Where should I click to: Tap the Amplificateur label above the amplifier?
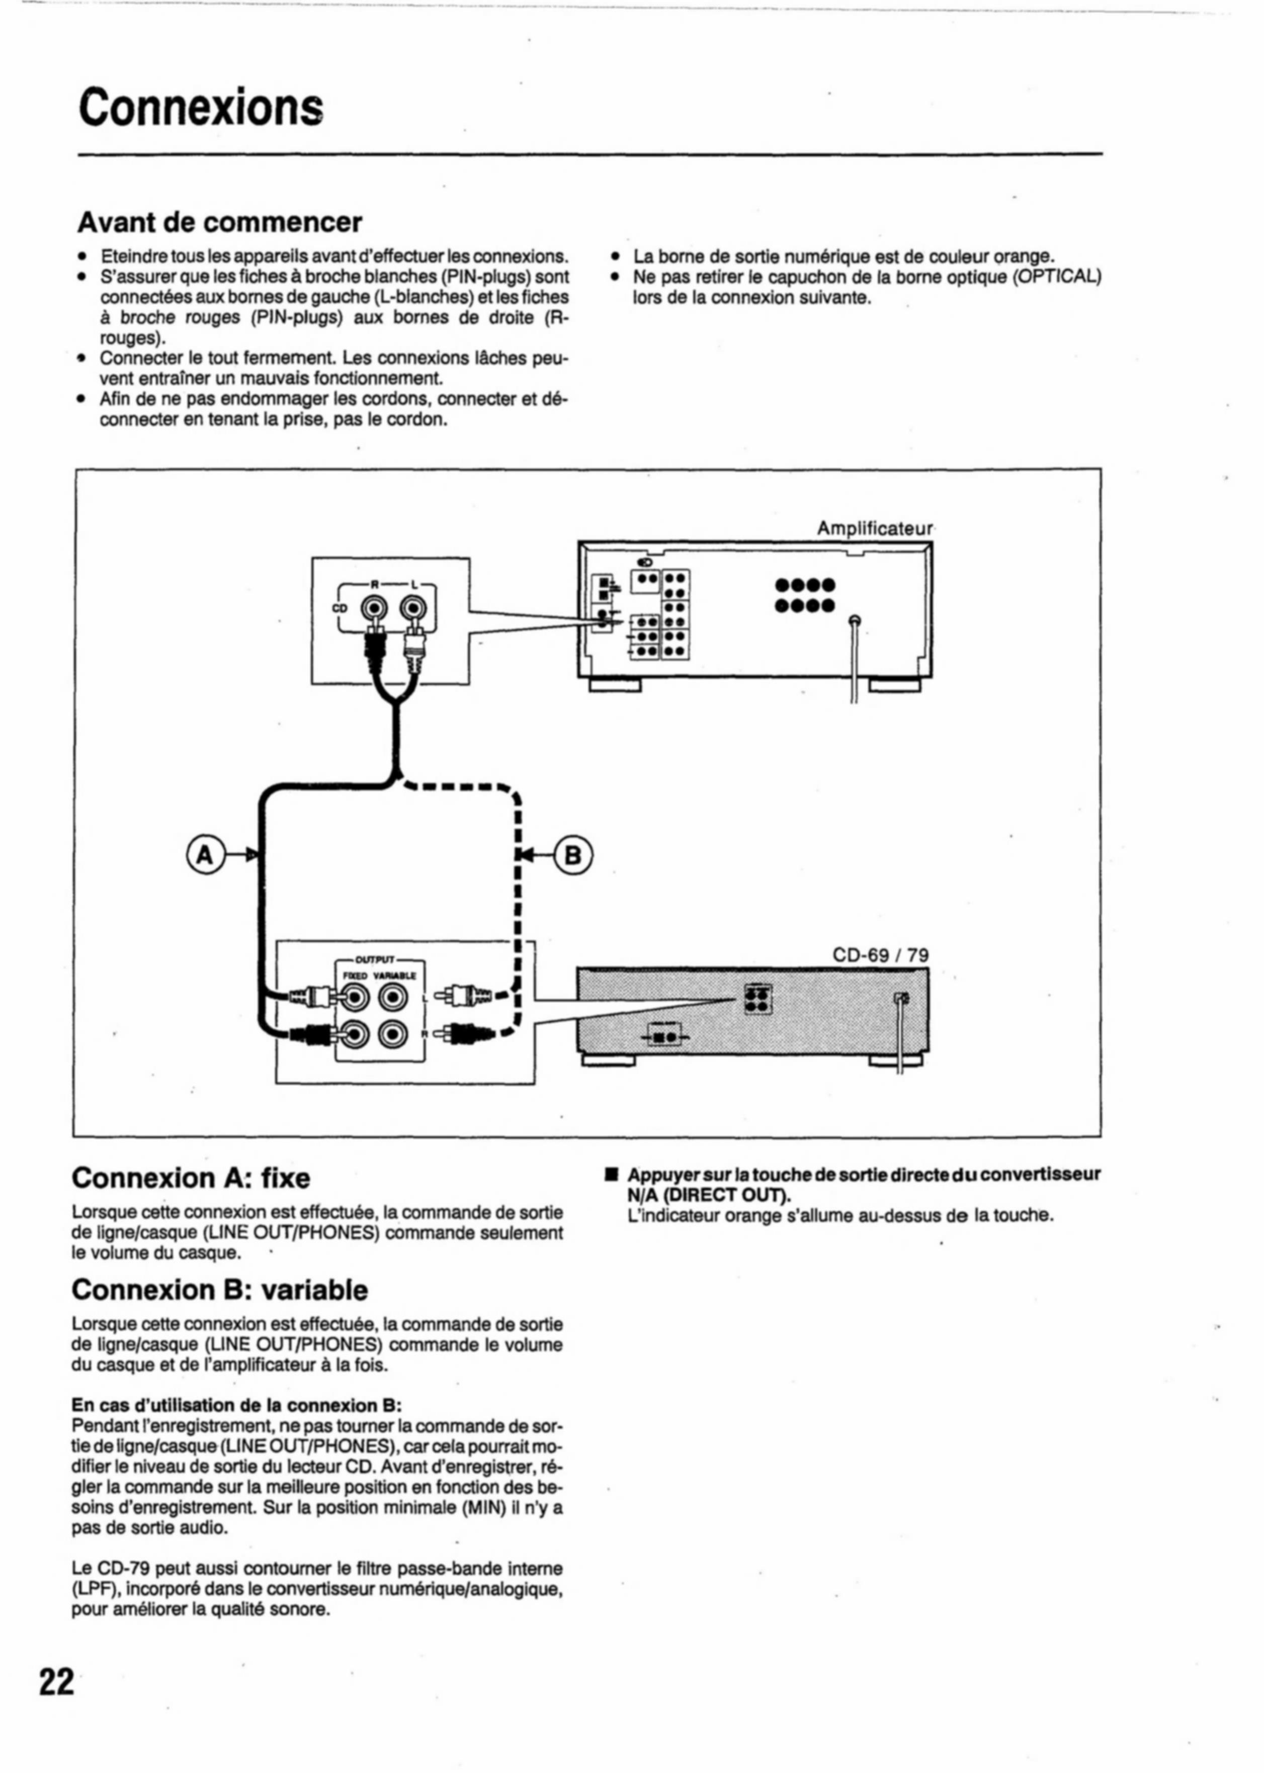coord(874,529)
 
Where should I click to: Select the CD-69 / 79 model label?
coord(880,954)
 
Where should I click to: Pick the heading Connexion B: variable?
coord(219,1290)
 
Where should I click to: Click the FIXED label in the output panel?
coord(357,976)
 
